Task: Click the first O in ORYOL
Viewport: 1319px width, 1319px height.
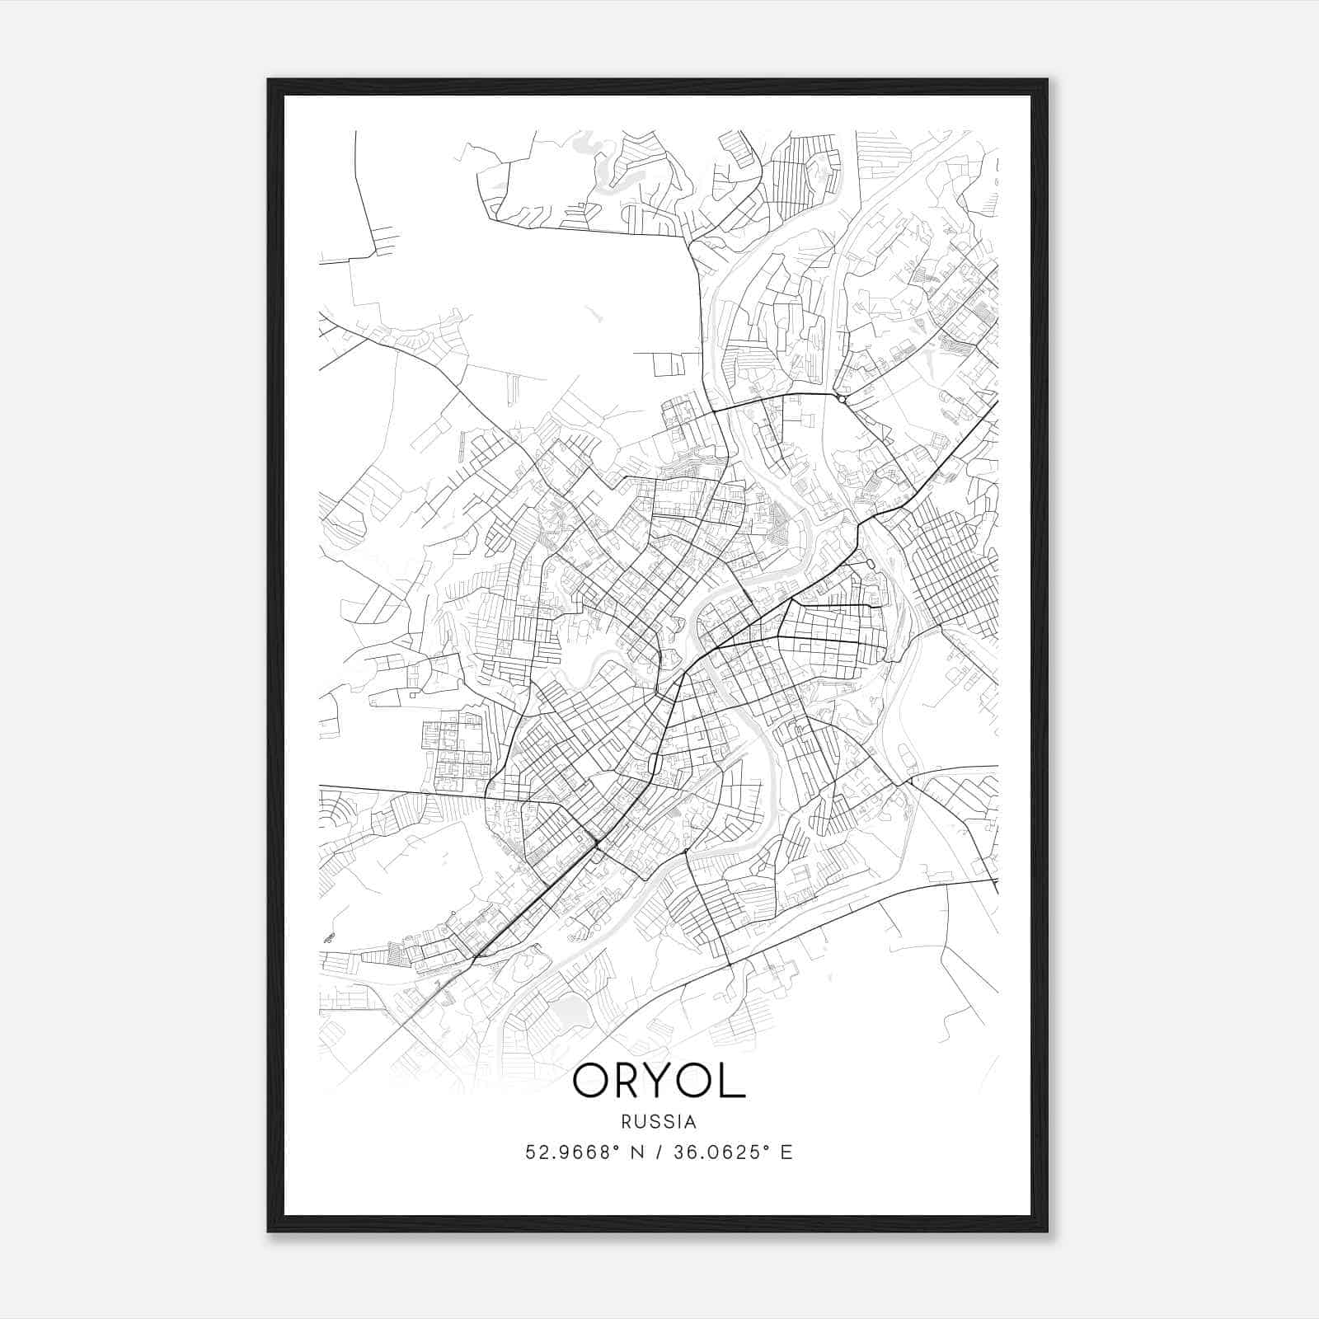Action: click(591, 1081)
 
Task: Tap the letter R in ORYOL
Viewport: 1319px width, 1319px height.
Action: click(630, 1081)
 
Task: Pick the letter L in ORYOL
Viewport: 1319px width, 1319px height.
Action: click(735, 1081)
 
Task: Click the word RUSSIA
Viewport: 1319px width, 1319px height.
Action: click(659, 1122)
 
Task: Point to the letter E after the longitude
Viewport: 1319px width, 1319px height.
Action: click(786, 1152)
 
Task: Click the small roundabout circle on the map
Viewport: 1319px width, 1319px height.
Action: click(842, 399)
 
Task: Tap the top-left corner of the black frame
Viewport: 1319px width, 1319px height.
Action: click(270, 81)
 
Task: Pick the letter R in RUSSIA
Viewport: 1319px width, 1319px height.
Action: click(627, 1122)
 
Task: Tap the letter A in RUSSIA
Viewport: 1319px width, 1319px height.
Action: click(691, 1122)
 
